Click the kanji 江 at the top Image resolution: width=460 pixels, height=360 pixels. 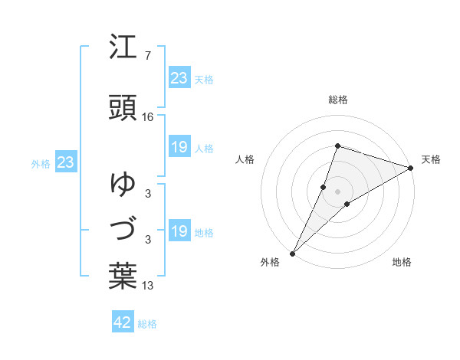click(x=123, y=48)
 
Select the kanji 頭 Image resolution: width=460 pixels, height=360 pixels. click(x=123, y=106)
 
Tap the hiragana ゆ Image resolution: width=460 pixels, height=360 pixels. click(x=123, y=184)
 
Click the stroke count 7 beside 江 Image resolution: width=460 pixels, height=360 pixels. click(x=147, y=56)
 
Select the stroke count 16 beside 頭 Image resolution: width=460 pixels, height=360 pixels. click(x=148, y=116)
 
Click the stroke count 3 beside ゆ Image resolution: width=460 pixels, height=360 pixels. click(x=147, y=193)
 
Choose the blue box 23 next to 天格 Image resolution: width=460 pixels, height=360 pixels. click(x=179, y=78)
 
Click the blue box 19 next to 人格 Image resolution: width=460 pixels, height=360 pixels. click(x=179, y=147)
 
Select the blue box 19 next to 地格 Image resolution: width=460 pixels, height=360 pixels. click(x=179, y=231)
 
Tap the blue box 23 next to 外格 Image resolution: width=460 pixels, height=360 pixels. click(x=65, y=162)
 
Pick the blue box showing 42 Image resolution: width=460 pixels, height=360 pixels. click(x=123, y=322)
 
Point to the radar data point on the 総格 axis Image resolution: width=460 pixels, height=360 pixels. click(x=337, y=146)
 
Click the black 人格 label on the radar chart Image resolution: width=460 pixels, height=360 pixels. click(x=245, y=159)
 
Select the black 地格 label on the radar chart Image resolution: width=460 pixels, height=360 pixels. click(x=402, y=262)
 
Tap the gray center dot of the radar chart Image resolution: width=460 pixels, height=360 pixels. click(x=337, y=191)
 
